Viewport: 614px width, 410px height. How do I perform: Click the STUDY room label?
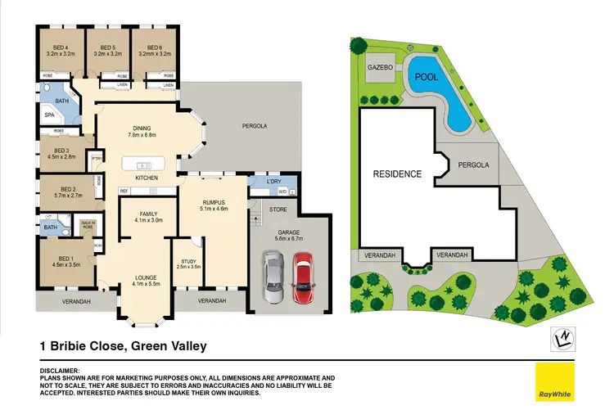click(189, 261)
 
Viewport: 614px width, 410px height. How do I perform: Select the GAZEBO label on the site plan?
click(381, 66)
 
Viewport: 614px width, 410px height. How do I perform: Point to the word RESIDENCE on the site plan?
click(397, 173)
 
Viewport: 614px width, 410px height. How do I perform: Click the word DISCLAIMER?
click(60, 370)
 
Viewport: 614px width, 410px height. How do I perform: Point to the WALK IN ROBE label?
click(88, 225)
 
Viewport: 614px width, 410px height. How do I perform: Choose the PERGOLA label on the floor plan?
click(255, 126)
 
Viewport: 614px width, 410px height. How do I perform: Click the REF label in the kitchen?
click(124, 191)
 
